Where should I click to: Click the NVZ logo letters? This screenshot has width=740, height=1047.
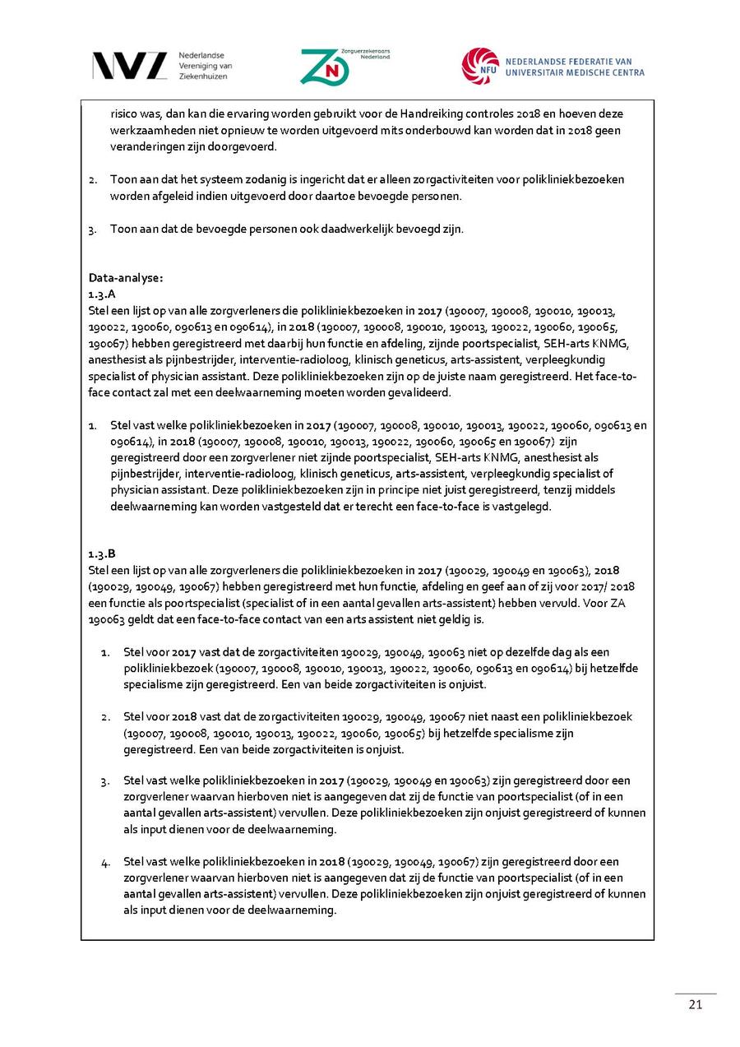129,65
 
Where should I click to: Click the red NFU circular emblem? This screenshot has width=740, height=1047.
479,66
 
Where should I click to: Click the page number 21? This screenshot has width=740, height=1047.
695,1004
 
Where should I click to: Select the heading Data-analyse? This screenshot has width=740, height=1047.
126,277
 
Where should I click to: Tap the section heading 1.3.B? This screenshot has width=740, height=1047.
102,554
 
